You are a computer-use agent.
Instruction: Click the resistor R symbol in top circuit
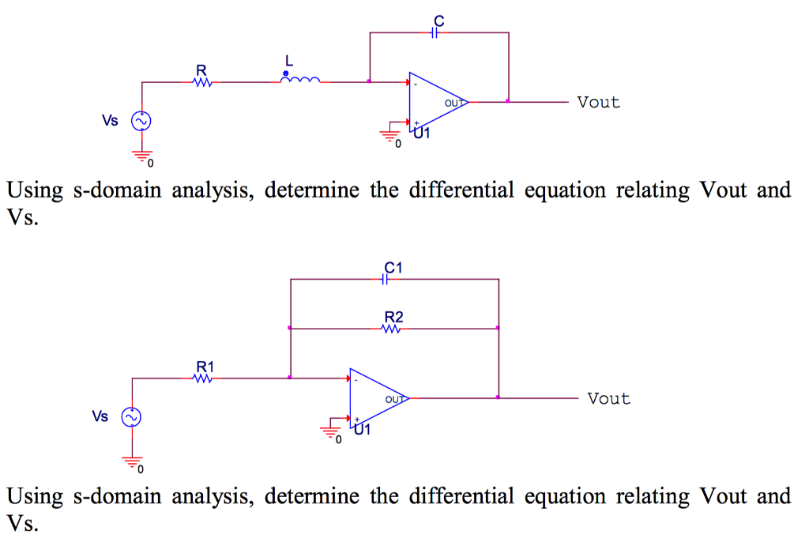203,81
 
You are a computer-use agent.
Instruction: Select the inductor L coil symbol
301,80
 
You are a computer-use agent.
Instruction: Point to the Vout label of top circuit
598,102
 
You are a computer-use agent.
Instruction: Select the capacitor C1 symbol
386,279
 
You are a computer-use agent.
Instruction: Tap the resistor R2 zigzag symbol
393,328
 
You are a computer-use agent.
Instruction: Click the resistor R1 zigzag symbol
203,378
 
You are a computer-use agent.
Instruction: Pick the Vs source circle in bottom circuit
130,416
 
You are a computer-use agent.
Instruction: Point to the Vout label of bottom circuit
608,399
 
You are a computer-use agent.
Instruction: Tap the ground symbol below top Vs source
145,155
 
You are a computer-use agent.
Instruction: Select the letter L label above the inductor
289,60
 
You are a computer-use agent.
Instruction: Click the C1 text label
393,267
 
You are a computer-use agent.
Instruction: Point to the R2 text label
393,317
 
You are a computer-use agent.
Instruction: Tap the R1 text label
205,367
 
